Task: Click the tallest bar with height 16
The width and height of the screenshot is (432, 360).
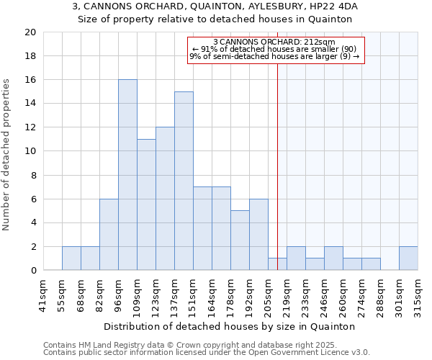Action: [127, 175]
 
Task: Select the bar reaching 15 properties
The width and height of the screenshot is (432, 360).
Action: [184, 181]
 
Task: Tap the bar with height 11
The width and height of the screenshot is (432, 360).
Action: [146, 204]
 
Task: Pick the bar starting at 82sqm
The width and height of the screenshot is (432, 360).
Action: [109, 235]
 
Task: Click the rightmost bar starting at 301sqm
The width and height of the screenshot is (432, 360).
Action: [408, 258]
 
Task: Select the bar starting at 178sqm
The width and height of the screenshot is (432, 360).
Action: [240, 240]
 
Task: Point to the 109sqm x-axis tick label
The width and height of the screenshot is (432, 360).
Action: [137, 296]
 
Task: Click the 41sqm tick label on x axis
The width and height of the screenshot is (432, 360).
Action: [43, 296]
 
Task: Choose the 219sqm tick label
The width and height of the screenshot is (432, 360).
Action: [287, 296]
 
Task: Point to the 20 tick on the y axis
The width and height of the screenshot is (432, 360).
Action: [30, 32]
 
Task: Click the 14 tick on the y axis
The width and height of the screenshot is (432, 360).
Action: [30, 104]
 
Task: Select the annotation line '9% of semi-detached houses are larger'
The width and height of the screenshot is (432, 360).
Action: [274, 56]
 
